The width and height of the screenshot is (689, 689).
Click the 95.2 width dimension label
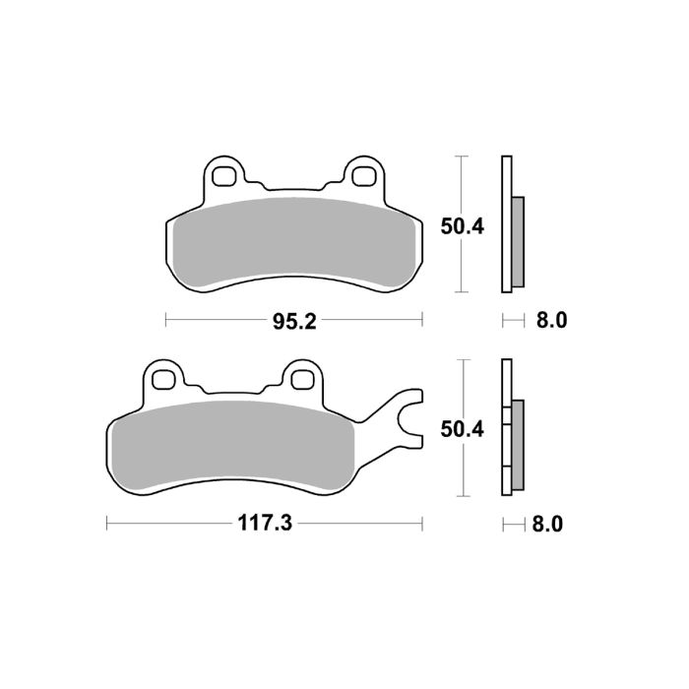pos(293,321)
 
